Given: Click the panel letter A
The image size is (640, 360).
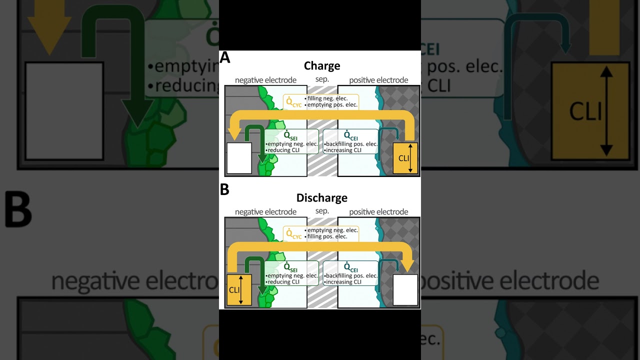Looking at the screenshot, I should click(x=225, y=58).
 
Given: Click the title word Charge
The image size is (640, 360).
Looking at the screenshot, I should click(x=322, y=66).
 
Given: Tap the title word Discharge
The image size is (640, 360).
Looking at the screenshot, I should click(x=322, y=198).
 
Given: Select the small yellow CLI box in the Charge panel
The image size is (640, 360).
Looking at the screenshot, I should click(x=405, y=158).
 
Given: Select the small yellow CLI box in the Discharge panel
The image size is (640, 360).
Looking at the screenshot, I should click(x=239, y=290).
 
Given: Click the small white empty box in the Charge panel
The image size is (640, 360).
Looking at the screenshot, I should click(x=239, y=158).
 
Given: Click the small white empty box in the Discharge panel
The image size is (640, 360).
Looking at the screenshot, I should click(x=405, y=290).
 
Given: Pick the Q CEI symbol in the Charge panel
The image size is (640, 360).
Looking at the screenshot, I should click(x=350, y=136).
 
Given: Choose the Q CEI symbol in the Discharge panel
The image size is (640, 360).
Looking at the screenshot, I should click(x=350, y=268).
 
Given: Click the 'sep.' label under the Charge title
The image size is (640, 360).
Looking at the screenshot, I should click(x=322, y=79).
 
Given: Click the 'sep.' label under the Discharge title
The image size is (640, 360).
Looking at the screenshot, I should click(x=322, y=211).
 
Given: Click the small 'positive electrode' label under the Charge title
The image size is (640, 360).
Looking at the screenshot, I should click(x=378, y=80).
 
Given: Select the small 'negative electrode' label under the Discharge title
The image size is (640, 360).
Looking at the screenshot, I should click(x=265, y=212).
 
